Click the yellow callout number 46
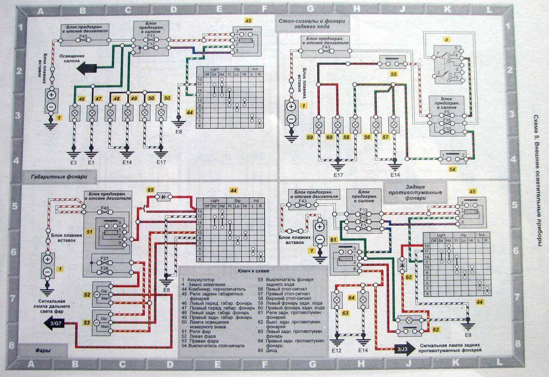coord(81,99)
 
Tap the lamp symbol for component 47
coord(92,113)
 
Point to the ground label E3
coord(73,163)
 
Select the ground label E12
coord(336,351)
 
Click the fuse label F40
coord(105,209)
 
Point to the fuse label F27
coord(104,259)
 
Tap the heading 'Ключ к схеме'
coord(253,270)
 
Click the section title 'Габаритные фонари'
coord(59,177)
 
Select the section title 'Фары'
coord(43,350)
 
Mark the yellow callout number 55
coord(393,74)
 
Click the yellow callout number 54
coord(452,170)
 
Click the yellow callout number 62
coord(436,329)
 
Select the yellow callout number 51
coord(90,231)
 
